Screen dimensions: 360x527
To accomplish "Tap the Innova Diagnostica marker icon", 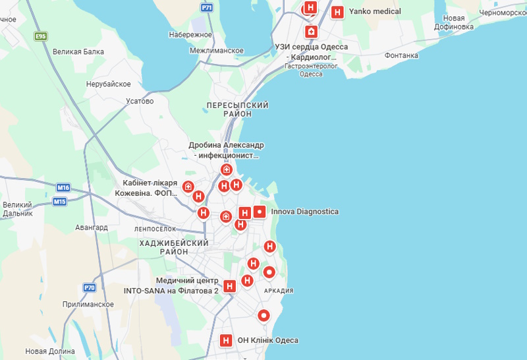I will pyautogui.click(x=260, y=212).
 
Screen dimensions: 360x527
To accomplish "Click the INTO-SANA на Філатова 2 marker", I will pyautogui.click(x=229, y=286).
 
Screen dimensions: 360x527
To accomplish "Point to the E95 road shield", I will pyautogui.click(x=41, y=36).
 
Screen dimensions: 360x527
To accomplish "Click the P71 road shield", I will pyautogui.click(x=207, y=8).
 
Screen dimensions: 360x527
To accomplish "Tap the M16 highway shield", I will pyautogui.click(x=63, y=187).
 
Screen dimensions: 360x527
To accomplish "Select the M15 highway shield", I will pyautogui.click(x=60, y=201).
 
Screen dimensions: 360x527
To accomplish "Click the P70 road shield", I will pyautogui.click(x=90, y=287).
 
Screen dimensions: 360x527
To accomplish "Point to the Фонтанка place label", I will pyautogui.click(x=402, y=55).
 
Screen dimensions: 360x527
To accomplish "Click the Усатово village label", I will pyautogui.click(x=139, y=101).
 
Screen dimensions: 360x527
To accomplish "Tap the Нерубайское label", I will pyautogui.click(x=109, y=84).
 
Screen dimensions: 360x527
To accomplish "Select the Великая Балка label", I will pyautogui.click(x=78, y=51).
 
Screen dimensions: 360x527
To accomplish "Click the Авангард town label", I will pyautogui.click(x=92, y=227).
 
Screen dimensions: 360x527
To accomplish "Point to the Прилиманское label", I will pyautogui.click(x=88, y=305).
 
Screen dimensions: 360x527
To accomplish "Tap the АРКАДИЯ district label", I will pyautogui.click(x=278, y=291).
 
